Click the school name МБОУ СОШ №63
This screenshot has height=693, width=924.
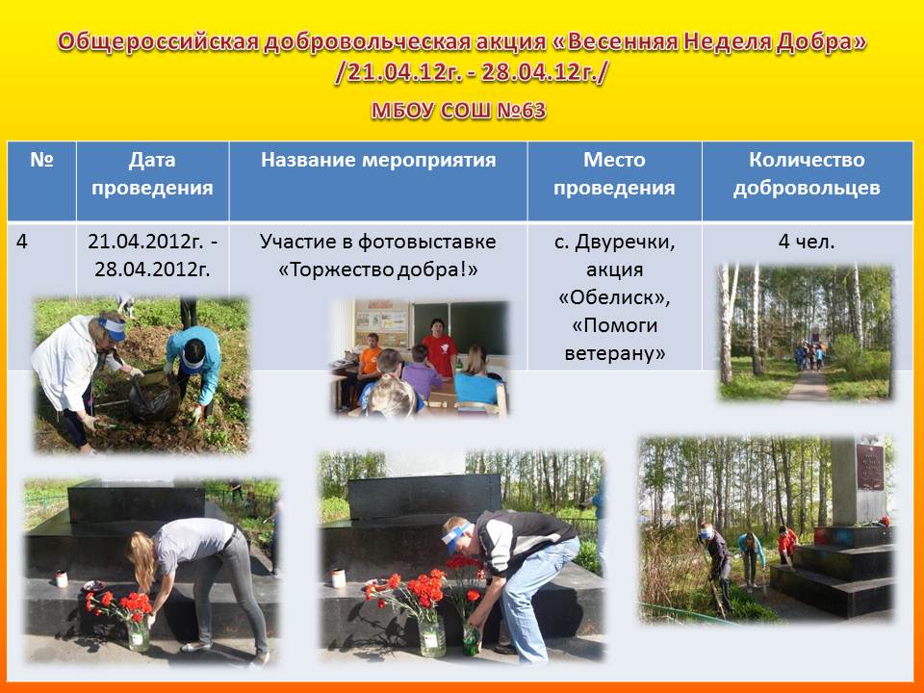(x=458, y=110)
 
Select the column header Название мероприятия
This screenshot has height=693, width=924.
(x=378, y=160)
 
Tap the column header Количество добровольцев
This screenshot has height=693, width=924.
(x=807, y=174)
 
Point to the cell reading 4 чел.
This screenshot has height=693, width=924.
(x=807, y=242)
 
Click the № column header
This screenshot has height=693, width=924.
(x=41, y=160)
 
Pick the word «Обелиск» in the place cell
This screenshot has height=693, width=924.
(x=614, y=297)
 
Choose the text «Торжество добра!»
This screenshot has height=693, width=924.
(x=377, y=269)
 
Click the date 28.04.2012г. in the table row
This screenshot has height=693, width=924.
(x=153, y=269)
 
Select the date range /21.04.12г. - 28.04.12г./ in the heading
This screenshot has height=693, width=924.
(x=472, y=73)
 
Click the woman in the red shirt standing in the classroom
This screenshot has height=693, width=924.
(x=439, y=347)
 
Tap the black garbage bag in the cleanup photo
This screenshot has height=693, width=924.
(x=153, y=396)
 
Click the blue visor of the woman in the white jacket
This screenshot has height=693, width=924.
(x=113, y=327)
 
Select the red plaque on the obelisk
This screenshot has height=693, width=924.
(x=870, y=467)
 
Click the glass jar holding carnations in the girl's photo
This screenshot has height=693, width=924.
(x=139, y=633)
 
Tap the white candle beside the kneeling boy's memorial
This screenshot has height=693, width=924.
(x=338, y=578)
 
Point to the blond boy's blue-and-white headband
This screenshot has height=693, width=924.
(x=458, y=537)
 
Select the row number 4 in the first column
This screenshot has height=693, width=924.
(x=22, y=242)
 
